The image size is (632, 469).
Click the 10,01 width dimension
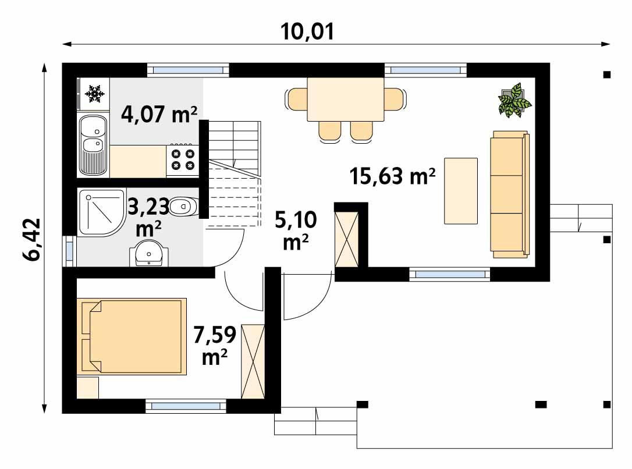pos(308,31)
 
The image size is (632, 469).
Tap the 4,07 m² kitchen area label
pos(158,115)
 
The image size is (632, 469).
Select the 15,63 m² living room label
pos(393,175)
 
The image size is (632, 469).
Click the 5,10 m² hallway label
pos(296,230)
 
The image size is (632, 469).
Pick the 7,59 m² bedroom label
pos(215,346)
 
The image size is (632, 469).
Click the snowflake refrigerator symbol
pos(94,94)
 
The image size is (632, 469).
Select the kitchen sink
pos(93,145)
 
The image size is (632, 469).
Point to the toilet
pos(185,205)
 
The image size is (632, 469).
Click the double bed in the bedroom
pos(132,336)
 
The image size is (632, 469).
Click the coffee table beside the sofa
pos(461,191)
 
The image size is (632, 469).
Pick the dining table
pos(346,99)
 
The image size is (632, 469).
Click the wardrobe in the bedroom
pos(253,361)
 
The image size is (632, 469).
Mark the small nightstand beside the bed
pos(88,388)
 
